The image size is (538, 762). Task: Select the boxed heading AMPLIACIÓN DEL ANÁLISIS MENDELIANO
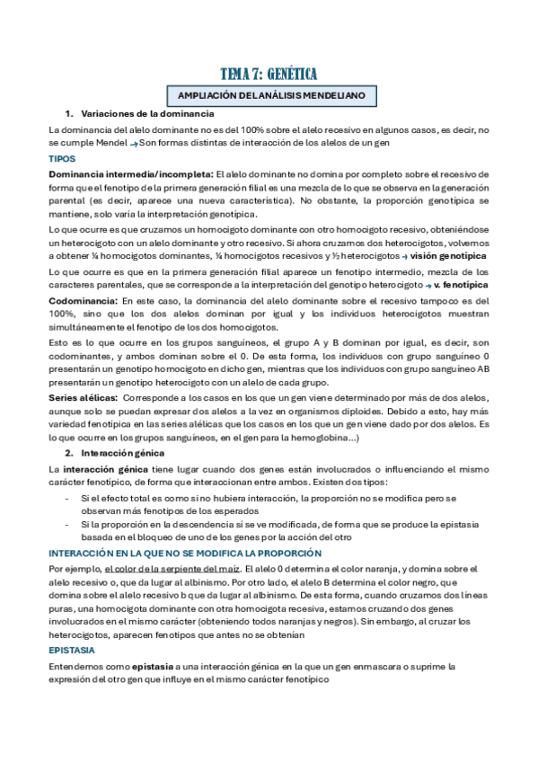pos(269,95)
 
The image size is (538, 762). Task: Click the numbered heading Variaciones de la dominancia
pos(147,114)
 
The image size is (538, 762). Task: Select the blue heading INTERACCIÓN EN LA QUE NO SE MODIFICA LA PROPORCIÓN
pos(184,553)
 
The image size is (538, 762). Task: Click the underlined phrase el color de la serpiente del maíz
pos(172,569)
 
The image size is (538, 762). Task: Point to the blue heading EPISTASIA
pos(73,649)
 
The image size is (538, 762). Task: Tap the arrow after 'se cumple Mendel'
pos(133,144)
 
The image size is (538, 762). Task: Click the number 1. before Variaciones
pos(69,114)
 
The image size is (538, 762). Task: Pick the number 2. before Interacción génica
pos(69,454)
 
